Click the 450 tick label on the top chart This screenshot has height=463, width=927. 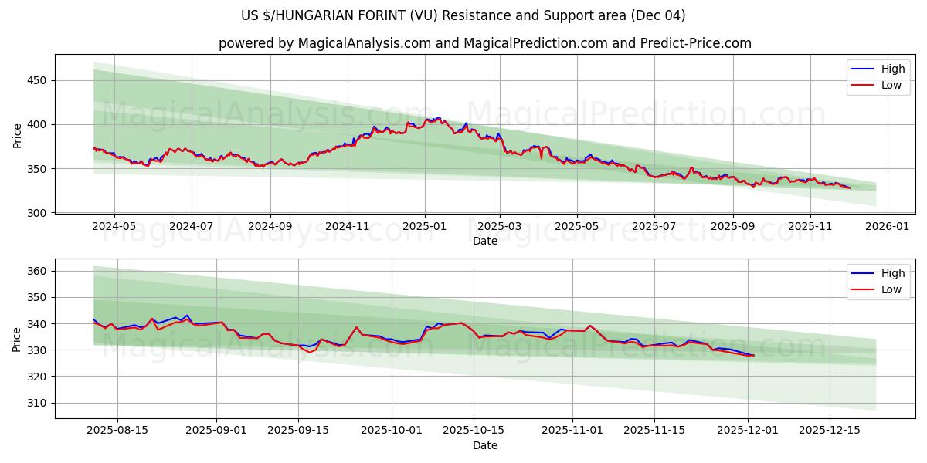pos(38,80)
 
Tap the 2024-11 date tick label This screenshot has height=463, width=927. pos(347,227)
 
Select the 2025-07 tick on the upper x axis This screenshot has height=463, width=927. pos(654,227)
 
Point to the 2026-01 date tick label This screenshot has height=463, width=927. pos(887,227)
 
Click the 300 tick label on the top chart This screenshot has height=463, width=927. pos(38,212)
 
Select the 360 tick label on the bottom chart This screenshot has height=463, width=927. pos(38,271)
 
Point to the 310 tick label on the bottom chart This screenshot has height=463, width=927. pos(38,403)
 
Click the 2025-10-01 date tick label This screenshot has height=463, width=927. pos(392,431)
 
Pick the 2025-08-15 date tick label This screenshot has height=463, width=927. pos(117,431)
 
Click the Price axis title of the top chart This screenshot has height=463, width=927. pos(18,135)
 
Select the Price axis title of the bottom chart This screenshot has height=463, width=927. pos(18,339)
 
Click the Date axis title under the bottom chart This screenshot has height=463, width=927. pos(485,445)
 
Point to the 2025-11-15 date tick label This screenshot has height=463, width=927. pos(654,431)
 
